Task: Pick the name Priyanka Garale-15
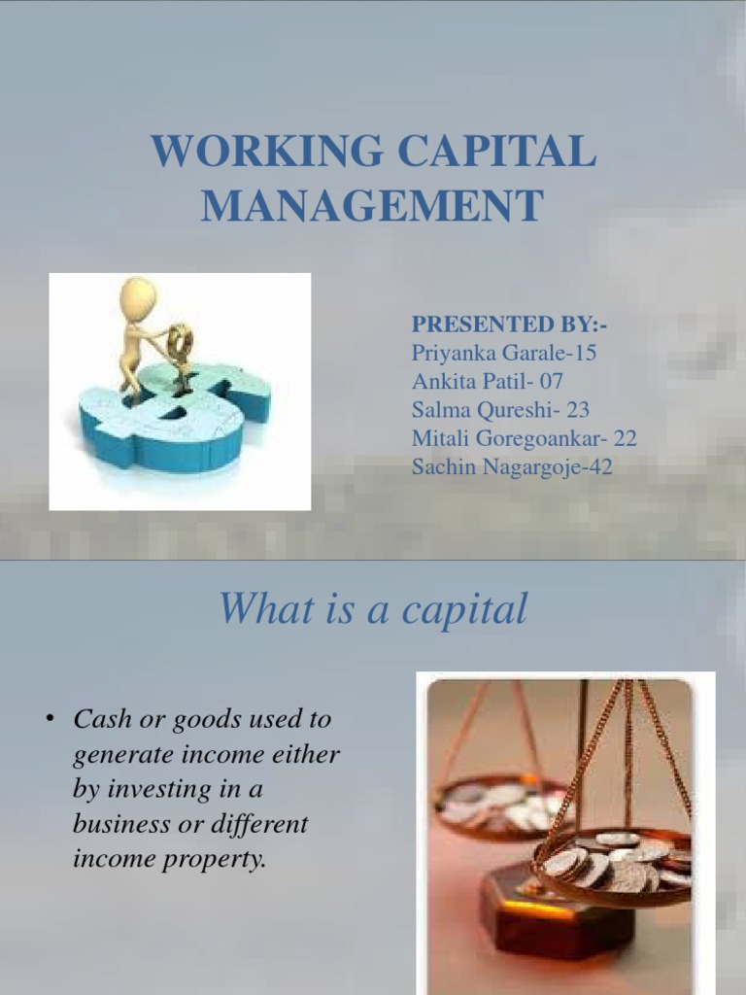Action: click(x=504, y=353)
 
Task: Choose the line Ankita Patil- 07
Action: click(x=488, y=381)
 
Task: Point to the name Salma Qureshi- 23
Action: click(x=500, y=410)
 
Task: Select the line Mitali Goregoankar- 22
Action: click(x=525, y=438)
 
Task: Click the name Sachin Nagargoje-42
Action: click(x=512, y=467)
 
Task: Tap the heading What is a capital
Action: click(x=373, y=609)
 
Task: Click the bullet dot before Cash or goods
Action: click(x=47, y=720)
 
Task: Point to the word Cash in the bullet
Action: click(x=101, y=720)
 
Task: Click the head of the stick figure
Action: click(x=138, y=296)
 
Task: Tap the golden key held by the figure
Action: click(x=180, y=341)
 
